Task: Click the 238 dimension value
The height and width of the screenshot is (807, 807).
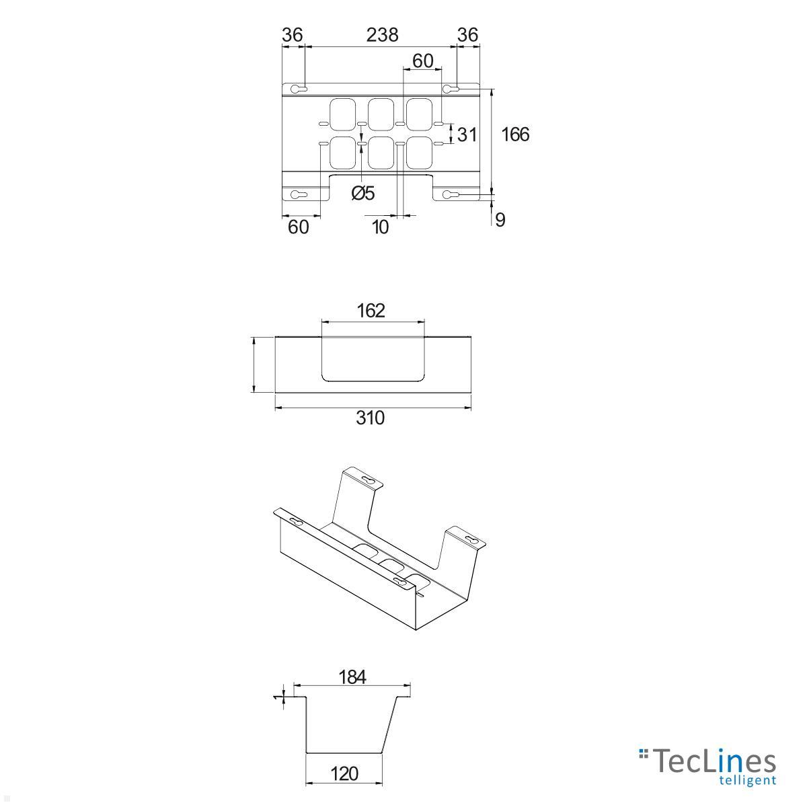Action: [x=382, y=35]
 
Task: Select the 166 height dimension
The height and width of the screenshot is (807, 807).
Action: [x=516, y=134]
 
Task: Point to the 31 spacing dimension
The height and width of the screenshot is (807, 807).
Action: [x=467, y=134]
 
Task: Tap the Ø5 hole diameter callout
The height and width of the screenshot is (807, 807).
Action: [x=362, y=194]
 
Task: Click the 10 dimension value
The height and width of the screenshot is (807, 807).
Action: [x=380, y=227]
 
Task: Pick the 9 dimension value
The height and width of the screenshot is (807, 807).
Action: [x=500, y=220]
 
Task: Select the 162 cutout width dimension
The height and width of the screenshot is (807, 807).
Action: [x=371, y=310]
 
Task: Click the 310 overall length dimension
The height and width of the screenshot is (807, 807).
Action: [x=370, y=418]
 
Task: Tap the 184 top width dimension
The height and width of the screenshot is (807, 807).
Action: [x=352, y=677]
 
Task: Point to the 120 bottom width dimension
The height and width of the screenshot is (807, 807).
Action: [x=344, y=773]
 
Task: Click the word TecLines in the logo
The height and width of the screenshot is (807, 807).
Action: [x=714, y=762]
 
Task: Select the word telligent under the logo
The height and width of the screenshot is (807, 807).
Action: [x=747, y=781]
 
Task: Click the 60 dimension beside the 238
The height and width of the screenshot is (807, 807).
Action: [x=422, y=61]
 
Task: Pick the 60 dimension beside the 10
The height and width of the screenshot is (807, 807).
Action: [x=298, y=227]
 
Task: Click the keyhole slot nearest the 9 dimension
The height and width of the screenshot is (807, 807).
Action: [x=451, y=195]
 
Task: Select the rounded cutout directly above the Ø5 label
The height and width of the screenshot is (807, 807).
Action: [x=381, y=153]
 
